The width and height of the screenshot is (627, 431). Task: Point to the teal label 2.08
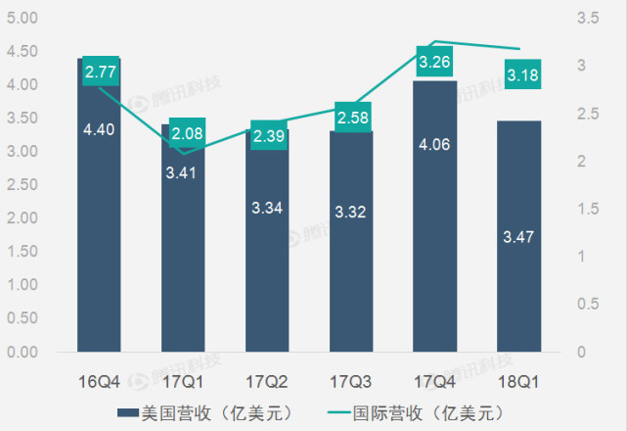(x=186, y=133)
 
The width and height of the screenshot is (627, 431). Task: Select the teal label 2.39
(x=268, y=135)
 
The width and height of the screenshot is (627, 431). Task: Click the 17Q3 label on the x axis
(x=350, y=378)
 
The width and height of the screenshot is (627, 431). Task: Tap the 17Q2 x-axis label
(x=267, y=378)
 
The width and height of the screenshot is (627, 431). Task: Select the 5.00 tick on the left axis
(x=22, y=19)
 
